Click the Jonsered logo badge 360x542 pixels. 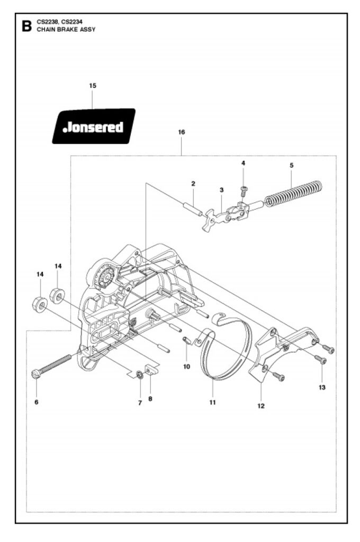pyautogui.click(x=94, y=126)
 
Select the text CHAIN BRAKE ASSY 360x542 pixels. pyautogui.click(x=66, y=30)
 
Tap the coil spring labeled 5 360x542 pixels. pyautogui.click(x=293, y=194)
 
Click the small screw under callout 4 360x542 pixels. pyautogui.click(x=244, y=190)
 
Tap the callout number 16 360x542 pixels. pyautogui.click(x=182, y=132)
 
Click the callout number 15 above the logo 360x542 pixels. pyautogui.click(x=93, y=85)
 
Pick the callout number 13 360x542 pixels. pyautogui.click(x=322, y=387)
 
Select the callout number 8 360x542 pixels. pyautogui.click(x=150, y=399)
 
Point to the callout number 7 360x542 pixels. pyautogui.click(x=140, y=402)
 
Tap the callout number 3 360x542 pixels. pyautogui.click(x=221, y=189)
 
